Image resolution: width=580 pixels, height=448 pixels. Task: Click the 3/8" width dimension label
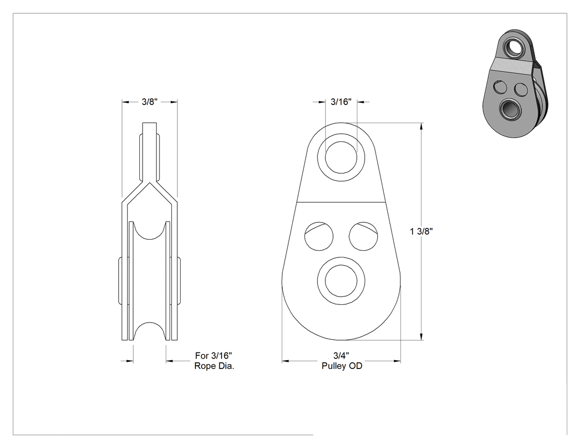click(x=150, y=102)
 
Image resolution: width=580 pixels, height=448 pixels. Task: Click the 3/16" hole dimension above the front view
click(x=341, y=102)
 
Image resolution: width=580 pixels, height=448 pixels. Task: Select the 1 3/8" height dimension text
click(x=421, y=231)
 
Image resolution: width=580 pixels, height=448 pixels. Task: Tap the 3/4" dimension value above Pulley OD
click(x=341, y=356)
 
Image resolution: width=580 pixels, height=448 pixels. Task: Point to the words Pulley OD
click(x=342, y=366)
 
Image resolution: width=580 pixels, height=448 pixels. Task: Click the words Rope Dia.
click(x=214, y=366)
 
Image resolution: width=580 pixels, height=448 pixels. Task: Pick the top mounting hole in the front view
click(x=341, y=157)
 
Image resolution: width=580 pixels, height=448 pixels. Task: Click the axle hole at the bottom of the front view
click(x=341, y=281)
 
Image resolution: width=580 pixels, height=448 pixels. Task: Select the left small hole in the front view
click(x=319, y=236)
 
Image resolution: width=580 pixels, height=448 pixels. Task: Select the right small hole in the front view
click(x=363, y=236)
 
